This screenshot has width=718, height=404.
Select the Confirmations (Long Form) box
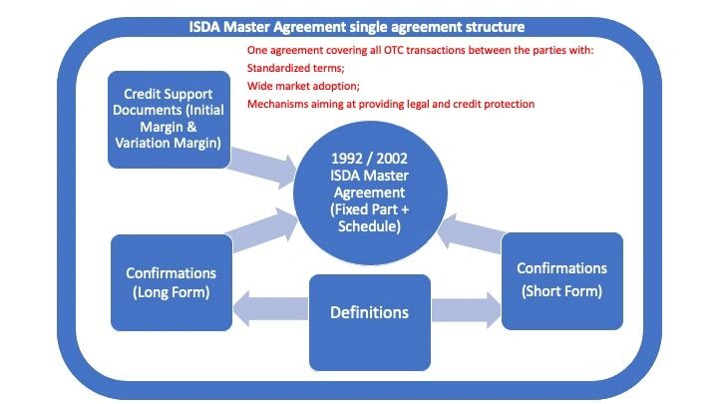[172, 282]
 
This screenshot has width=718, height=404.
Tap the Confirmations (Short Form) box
[562, 280]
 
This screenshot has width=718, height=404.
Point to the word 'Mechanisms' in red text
[276, 104]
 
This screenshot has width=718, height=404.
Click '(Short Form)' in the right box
[562, 291]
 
